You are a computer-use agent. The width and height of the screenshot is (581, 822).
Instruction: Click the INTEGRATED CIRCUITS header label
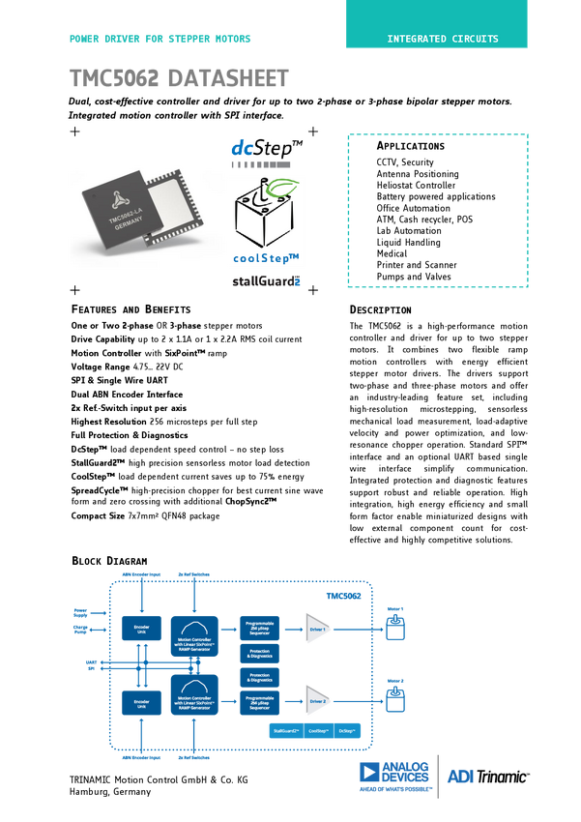pos(443,40)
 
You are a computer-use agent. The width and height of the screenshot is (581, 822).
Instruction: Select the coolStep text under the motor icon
pos(268,258)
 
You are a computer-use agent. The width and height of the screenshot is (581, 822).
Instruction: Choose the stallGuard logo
pos(267,280)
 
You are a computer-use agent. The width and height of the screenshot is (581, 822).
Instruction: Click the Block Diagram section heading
pos(109,561)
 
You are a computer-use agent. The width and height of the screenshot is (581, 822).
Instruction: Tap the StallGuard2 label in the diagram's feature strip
pos(288,732)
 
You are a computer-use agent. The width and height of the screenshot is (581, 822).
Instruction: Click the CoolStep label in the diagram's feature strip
pos(320,732)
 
